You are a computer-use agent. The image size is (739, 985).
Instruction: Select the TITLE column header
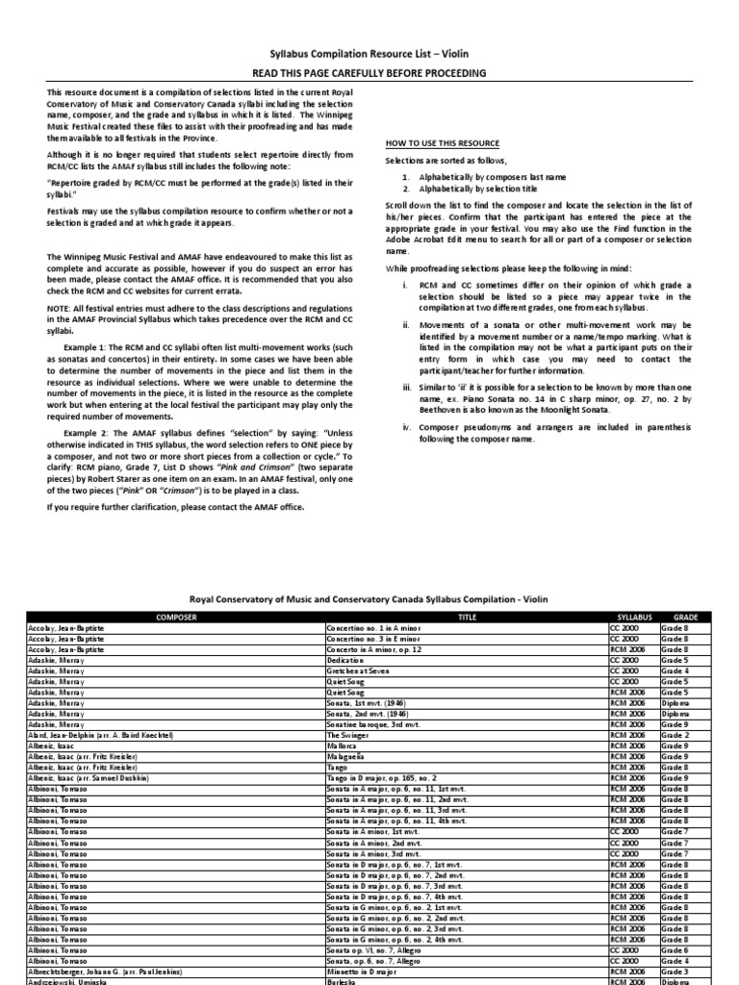(467, 616)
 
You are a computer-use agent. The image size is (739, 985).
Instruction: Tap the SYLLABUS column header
(634, 616)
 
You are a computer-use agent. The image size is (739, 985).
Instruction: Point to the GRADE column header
(685, 616)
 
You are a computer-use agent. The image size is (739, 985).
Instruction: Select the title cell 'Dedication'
(348, 661)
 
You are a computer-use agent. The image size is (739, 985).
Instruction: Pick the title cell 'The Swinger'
(348, 734)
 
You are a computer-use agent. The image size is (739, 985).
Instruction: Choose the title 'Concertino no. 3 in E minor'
(373, 639)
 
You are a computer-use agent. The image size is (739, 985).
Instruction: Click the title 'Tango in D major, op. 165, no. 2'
(382, 777)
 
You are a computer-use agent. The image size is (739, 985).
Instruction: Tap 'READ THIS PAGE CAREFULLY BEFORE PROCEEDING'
(369, 73)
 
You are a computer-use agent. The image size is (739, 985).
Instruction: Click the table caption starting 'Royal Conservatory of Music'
(369, 598)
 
